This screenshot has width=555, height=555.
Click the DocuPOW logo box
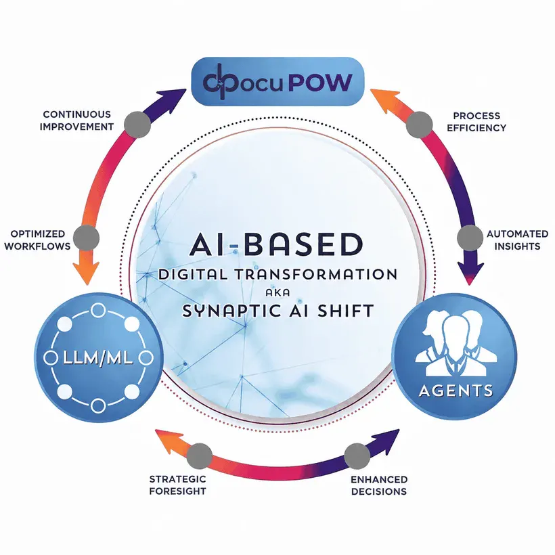point(278,81)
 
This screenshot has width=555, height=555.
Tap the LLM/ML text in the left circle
point(98,358)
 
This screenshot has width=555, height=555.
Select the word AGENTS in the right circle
point(456,391)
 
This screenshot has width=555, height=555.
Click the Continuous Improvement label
point(76,120)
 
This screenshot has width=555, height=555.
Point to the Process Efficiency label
point(476,121)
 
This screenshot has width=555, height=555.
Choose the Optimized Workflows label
point(37,240)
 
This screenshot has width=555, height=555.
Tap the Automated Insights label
point(517,240)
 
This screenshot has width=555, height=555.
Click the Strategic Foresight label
point(178,485)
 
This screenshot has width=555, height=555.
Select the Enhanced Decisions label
point(379,485)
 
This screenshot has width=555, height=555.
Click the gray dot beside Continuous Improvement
point(137,125)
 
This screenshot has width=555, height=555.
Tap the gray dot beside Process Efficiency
point(420,125)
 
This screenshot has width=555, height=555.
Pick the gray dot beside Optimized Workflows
point(87,238)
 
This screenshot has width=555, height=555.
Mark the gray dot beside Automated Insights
point(470,238)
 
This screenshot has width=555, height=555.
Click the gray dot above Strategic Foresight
point(199,456)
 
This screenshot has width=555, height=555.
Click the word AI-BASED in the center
point(276,244)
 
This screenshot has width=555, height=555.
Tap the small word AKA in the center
point(278,292)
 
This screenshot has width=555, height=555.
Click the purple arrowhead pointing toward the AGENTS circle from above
point(470,273)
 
